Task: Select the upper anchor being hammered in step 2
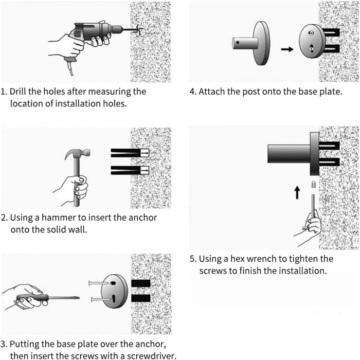click(130, 153)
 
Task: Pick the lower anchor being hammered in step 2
click(130, 170)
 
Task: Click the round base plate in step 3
click(115, 291)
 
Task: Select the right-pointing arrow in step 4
click(287, 49)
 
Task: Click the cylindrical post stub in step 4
click(245, 43)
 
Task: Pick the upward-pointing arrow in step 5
click(297, 192)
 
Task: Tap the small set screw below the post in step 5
click(313, 184)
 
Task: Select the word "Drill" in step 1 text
click(18, 92)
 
